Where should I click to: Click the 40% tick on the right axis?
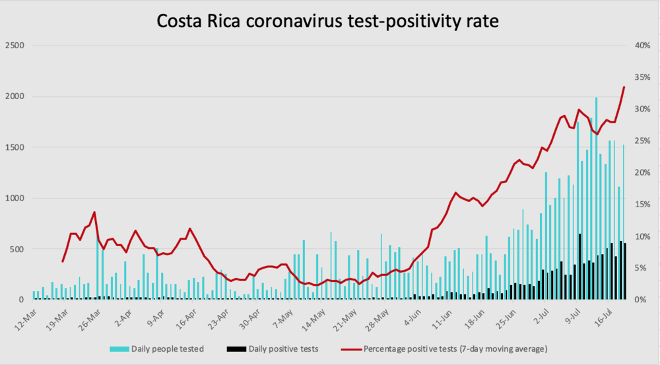(x=642, y=46)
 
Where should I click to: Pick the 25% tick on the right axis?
(x=642, y=141)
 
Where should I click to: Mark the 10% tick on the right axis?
(x=642, y=236)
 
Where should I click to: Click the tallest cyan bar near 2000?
(x=596, y=198)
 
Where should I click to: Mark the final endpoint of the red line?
(x=624, y=87)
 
